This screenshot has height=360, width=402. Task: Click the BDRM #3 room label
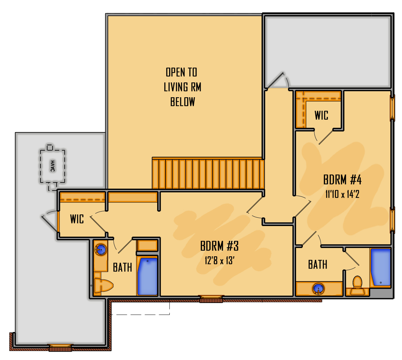(x=219, y=246)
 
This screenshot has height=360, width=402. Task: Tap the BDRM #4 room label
(x=342, y=180)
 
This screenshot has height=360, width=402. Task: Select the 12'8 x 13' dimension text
(x=219, y=261)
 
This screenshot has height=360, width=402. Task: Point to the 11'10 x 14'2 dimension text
(x=342, y=194)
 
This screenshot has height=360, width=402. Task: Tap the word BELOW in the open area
(x=183, y=102)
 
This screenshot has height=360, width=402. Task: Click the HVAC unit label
(x=53, y=166)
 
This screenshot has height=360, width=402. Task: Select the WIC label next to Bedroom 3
(x=77, y=219)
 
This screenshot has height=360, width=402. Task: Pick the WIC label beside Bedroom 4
(x=321, y=115)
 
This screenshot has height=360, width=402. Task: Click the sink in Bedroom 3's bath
(x=100, y=250)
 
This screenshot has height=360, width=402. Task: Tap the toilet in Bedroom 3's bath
(x=103, y=285)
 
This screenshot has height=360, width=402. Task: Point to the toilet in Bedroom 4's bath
(x=357, y=285)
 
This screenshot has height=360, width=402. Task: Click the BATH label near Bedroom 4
(x=318, y=264)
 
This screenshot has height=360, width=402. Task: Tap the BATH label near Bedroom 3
(x=122, y=267)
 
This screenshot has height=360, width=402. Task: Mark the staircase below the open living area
(x=208, y=173)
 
